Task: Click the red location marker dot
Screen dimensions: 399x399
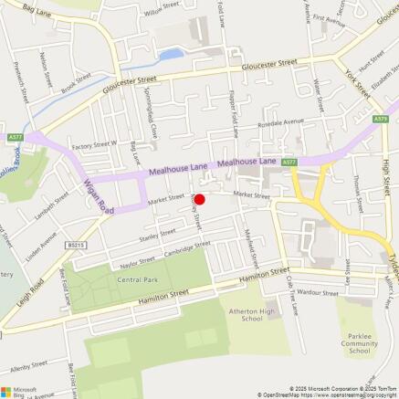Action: click(x=200, y=199)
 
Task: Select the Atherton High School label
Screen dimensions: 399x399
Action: click(x=245, y=315)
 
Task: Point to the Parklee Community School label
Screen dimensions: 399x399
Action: click(x=360, y=344)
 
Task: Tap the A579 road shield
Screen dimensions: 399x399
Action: click(x=380, y=119)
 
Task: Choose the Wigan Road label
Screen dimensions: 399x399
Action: click(x=99, y=193)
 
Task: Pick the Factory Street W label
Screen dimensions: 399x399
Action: click(x=96, y=144)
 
